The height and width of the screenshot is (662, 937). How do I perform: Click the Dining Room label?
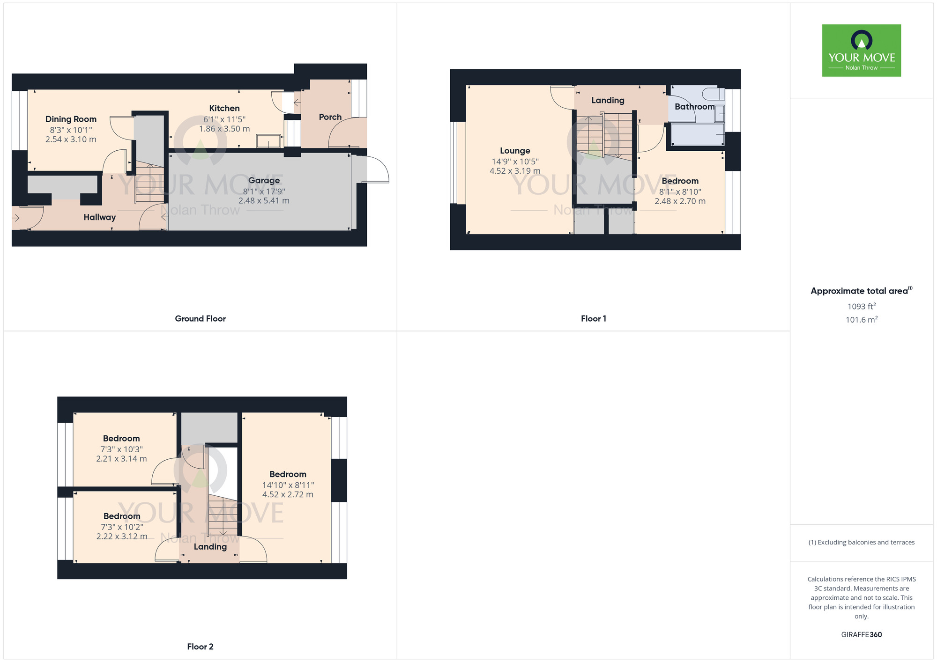[x=71, y=119]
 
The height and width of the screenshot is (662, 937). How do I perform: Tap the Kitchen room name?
[x=224, y=108]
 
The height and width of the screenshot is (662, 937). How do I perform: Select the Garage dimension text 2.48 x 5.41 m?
[x=264, y=201]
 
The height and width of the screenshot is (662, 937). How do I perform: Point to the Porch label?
[x=330, y=117]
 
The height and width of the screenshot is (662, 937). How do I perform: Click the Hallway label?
[x=99, y=217]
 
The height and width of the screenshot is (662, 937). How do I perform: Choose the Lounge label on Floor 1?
[x=515, y=151]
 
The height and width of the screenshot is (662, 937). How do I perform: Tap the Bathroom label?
[x=694, y=107]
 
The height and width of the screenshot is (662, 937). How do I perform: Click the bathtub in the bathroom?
[x=698, y=134]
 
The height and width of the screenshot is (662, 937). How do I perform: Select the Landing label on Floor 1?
[x=608, y=100]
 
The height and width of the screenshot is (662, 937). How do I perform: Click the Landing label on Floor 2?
[x=210, y=547]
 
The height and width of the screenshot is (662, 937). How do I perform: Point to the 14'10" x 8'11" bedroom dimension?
[x=288, y=485]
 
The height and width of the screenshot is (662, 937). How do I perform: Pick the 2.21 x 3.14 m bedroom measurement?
[x=121, y=459]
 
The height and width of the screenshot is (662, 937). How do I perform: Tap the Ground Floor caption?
[x=200, y=319]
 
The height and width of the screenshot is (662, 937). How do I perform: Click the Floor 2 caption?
[x=200, y=647]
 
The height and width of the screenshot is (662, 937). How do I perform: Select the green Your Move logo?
[x=861, y=51]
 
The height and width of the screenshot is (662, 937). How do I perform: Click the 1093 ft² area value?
[x=861, y=307]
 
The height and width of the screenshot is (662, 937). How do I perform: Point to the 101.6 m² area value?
[x=861, y=320]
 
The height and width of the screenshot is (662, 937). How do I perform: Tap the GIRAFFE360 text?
[x=861, y=635]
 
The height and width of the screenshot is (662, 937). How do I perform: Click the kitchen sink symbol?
[x=269, y=141]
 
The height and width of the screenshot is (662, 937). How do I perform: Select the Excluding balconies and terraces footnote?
[x=861, y=543]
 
